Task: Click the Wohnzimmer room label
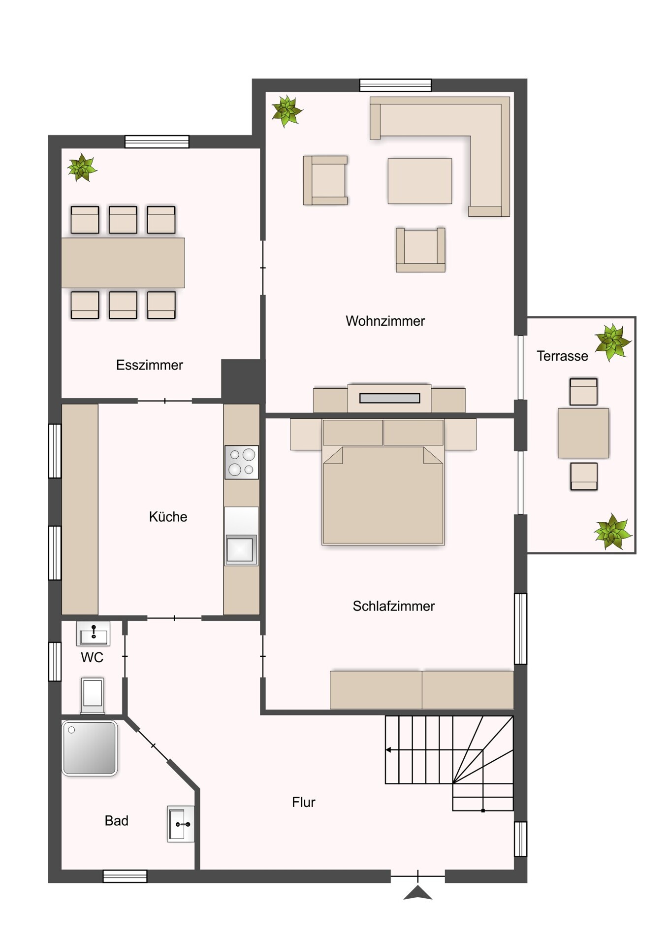385,321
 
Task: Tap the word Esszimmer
149,365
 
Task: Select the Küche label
168,517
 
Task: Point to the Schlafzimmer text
393,606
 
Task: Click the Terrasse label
562,356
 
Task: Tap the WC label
92,657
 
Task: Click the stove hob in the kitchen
241,462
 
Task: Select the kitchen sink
240,548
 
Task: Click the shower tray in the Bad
90,748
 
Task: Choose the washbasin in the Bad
180,824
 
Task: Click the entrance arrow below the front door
417,892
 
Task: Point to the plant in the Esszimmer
82,168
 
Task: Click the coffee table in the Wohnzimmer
419,181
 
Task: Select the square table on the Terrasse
583,433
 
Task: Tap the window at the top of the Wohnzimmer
395,85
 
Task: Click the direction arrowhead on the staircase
388,750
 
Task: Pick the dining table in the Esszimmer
123,263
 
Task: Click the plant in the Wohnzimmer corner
287,111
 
